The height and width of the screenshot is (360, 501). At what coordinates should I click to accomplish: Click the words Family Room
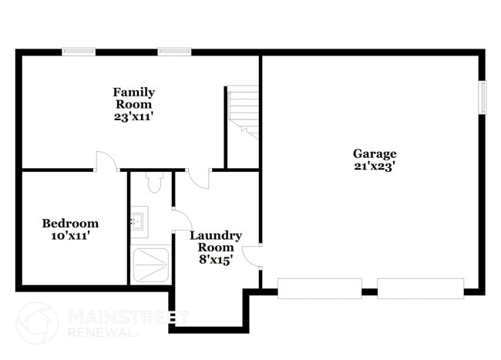click(x=134, y=98)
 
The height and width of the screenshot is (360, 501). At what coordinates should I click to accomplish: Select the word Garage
click(x=375, y=153)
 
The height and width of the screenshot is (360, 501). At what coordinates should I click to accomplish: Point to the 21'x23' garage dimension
click(x=375, y=165)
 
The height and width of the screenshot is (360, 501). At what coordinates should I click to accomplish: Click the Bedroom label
click(x=70, y=223)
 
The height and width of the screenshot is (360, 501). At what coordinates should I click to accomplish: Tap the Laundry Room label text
click(x=216, y=241)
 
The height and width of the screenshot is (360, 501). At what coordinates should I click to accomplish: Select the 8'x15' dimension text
click(x=216, y=260)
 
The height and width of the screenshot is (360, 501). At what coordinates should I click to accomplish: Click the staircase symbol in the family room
click(x=242, y=113)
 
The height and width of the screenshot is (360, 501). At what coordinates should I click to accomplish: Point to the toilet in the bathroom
click(x=153, y=183)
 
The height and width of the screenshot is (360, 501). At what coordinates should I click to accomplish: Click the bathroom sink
click(x=139, y=220)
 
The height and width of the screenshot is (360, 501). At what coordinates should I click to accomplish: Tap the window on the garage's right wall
click(x=483, y=97)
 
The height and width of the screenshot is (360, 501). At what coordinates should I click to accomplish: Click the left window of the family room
click(x=79, y=52)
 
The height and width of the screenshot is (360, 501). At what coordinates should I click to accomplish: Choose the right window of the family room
click(x=175, y=52)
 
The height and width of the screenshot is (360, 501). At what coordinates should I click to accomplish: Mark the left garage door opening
click(x=319, y=288)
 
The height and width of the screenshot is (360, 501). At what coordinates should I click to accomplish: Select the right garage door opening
click(x=420, y=288)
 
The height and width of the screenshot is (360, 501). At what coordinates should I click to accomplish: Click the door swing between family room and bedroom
click(x=106, y=160)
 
